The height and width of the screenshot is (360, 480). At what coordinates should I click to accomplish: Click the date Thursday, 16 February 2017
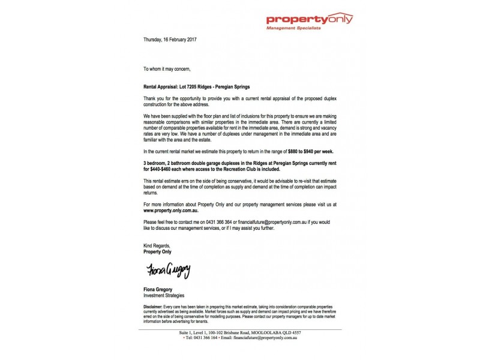[x=170, y=40]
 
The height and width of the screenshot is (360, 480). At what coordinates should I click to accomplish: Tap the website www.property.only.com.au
[x=173, y=212]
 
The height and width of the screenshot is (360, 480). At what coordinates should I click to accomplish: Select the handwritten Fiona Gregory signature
[x=167, y=271]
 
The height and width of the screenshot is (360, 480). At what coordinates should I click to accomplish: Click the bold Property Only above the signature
[x=158, y=252]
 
